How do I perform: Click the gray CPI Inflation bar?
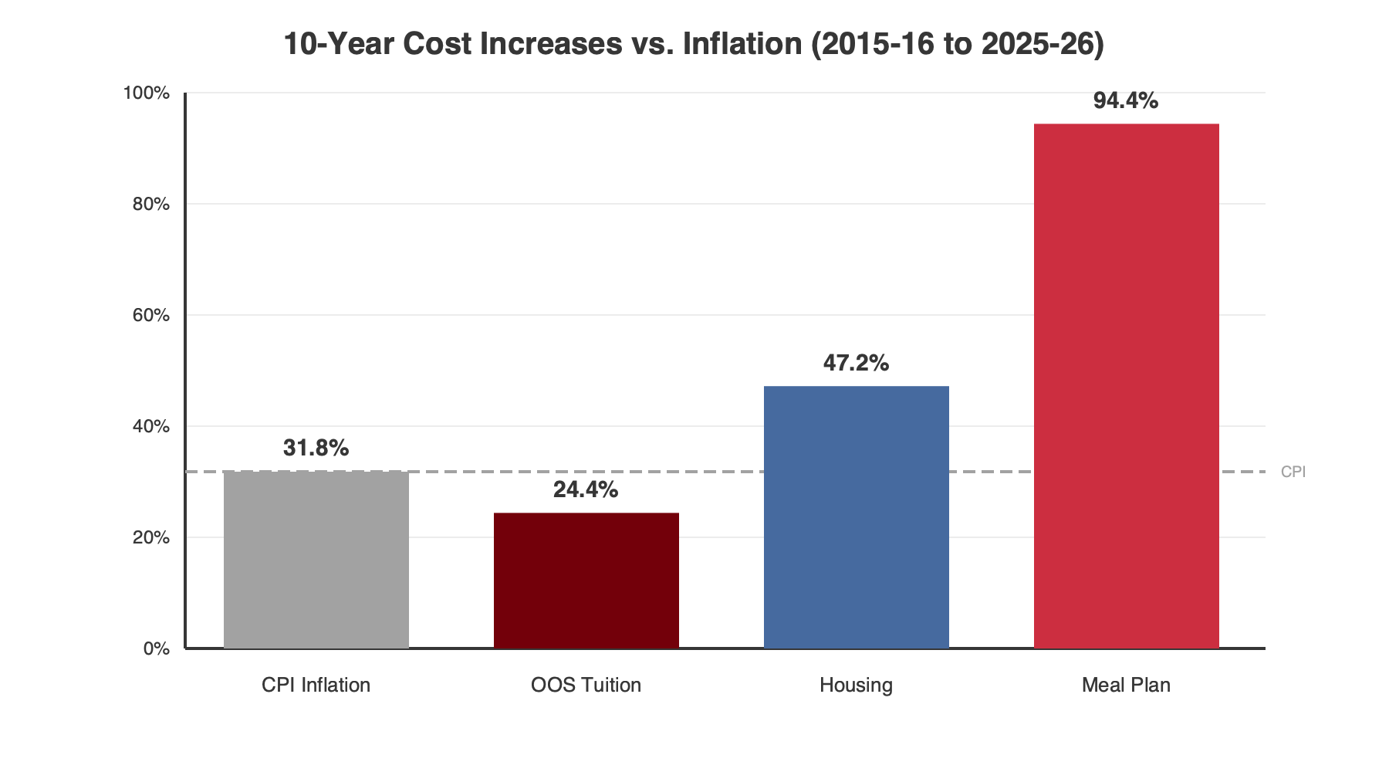pyautogui.click(x=316, y=560)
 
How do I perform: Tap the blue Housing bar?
pyautogui.click(x=856, y=517)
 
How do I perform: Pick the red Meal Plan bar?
pyautogui.click(x=1126, y=386)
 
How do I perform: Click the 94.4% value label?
pyautogui.click(x=1126, y=101)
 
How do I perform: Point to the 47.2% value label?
pyautogui.click(x=856, y=364)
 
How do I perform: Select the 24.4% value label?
pyautogui.click(x=586, y=490)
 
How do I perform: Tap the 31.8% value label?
pyautogui.click(x=316, y=449)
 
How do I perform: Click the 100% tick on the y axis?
pyautogui.click(x=147, y=93)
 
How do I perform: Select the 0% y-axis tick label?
pyautogui.click(x=156, y=649)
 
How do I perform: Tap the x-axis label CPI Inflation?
pyautogui.click(x=316, y=686)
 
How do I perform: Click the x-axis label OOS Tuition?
pyautogui.click(x=586, y=686)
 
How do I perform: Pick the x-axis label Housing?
pyautogui.click(x=856, y=686)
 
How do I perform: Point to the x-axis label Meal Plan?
pyautogui.click(x=1126, y=686)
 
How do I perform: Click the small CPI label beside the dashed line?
pyautogui.click(x=1293, y=472)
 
